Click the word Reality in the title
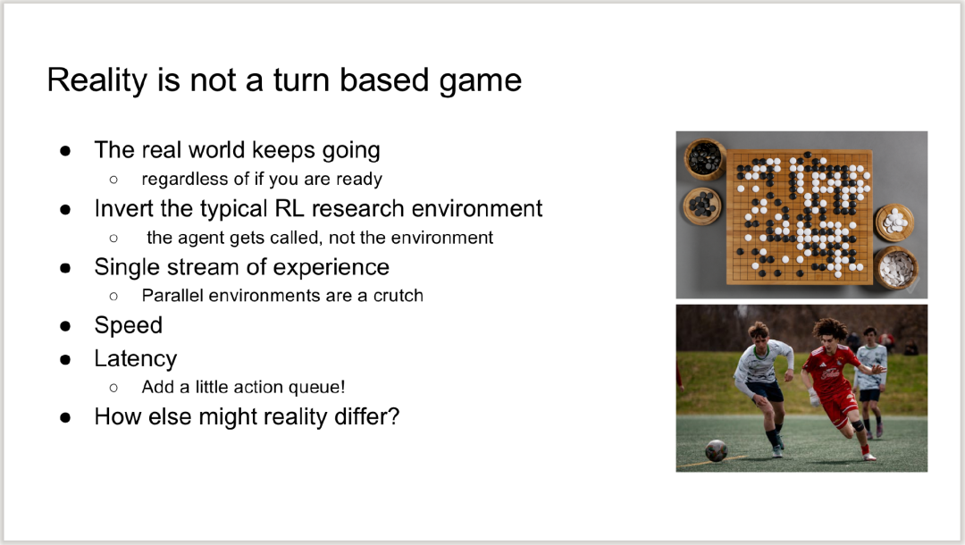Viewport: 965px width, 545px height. point(98,81)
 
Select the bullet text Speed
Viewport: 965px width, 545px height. point(128,325)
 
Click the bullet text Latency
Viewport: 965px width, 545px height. point(136,358)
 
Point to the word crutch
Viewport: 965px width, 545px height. point(399,296)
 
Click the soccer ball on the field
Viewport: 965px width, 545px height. point(717,451)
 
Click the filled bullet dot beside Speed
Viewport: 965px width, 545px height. point(65,327)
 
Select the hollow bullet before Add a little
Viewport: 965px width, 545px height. point(113,388)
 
